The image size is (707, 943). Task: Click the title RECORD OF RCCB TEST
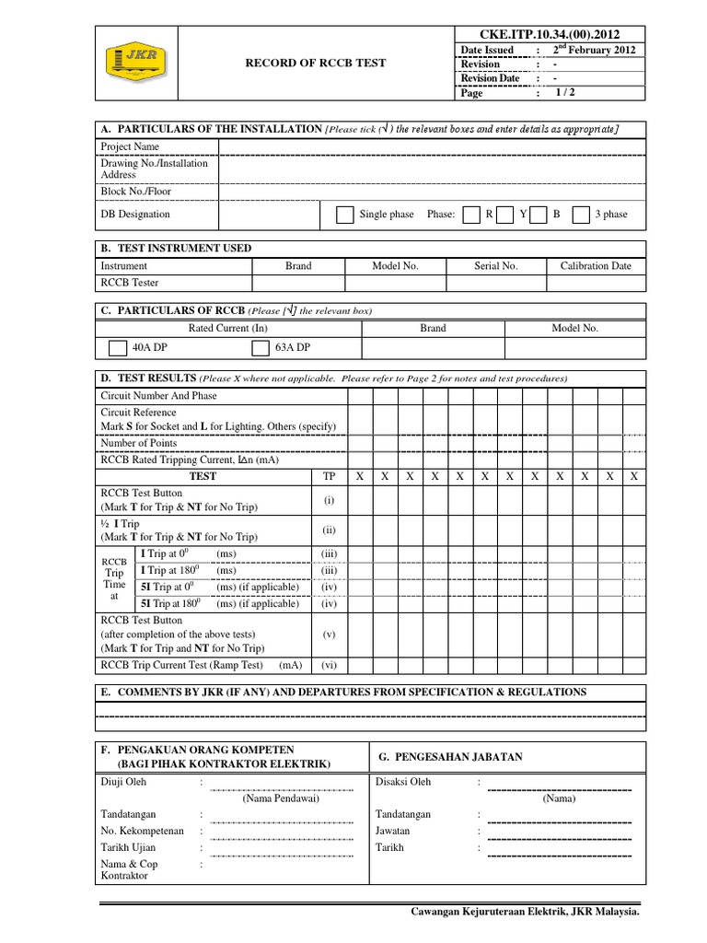(x=315, y=64)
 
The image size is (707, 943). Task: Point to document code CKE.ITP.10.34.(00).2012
(x=551, y=34)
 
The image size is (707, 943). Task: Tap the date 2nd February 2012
(x=594, y=50)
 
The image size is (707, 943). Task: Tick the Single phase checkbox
(x=344, y=215)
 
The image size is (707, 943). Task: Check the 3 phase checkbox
(x=580, y=215)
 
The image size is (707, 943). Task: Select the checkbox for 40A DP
(x=117, y=348)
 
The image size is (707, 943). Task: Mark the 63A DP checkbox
(x=260, y=348)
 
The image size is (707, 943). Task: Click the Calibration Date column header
(x=596, y=266)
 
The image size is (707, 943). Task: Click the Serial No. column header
(x=496, y=266)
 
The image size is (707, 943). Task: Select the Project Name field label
(x=130, y=146)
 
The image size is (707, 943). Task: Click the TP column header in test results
(x=330, y=476)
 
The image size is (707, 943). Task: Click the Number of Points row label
(x=139, y=443)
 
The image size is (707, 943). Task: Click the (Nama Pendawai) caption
(x=281, y=798)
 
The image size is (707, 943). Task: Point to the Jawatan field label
(x=393, y=831)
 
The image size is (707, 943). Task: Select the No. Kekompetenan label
(x=142, y=831)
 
